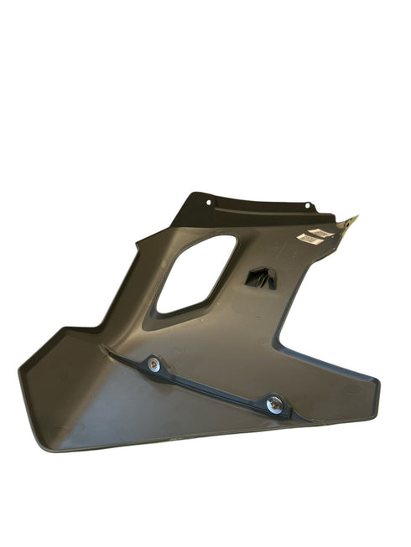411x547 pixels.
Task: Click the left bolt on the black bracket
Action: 153,364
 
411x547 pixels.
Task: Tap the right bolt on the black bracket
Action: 273,404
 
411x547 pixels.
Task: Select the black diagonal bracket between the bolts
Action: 214,384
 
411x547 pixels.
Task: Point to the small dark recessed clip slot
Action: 261,279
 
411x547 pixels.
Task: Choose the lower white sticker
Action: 309,240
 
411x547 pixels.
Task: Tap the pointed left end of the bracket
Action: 105,347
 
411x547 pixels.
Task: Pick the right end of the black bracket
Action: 302,416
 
